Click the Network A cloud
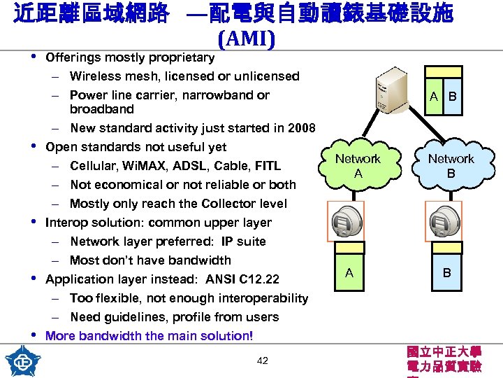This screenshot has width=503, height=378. click(x=358, y=166)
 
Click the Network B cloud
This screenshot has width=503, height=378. click(x=451, y=166)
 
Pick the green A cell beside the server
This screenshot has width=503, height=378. click(x=435, y=96)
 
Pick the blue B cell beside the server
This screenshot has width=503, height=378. click(x=452, y=96)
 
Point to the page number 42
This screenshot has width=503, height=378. click(x=263, y=360)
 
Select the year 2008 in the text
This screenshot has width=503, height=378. click(x=302, y=128)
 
